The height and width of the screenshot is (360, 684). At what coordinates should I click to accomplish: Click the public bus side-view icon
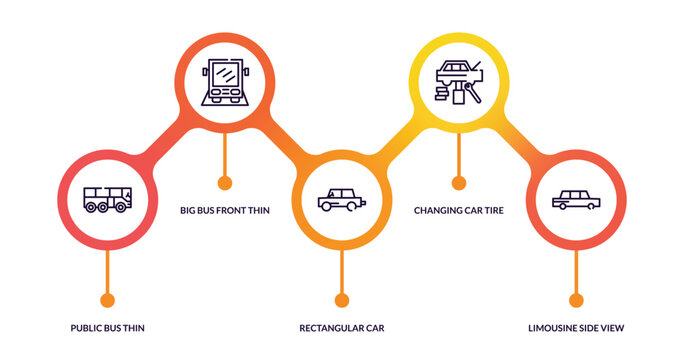[107, 199]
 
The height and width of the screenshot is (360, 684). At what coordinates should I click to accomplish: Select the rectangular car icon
[341, 199]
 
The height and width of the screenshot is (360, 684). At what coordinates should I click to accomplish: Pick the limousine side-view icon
[576, 199]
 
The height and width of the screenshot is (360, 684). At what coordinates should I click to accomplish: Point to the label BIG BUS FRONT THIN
[225, 211]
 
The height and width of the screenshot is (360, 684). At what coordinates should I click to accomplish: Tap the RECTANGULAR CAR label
[342, 328]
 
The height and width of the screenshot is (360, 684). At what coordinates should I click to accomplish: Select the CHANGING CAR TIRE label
[458, 211]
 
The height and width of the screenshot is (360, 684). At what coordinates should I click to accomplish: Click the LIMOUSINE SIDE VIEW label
[576, 328]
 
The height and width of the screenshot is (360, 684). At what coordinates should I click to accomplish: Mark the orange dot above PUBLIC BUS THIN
[108, 300]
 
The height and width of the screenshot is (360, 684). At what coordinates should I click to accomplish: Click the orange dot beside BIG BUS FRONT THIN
[225, 183]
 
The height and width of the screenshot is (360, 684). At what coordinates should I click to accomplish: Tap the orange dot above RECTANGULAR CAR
[342, 300]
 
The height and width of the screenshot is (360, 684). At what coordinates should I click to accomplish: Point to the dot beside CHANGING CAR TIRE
[459, 183]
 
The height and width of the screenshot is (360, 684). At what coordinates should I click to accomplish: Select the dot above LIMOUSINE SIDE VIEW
[576, 300]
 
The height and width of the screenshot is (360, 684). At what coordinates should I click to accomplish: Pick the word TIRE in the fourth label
[491, 211]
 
